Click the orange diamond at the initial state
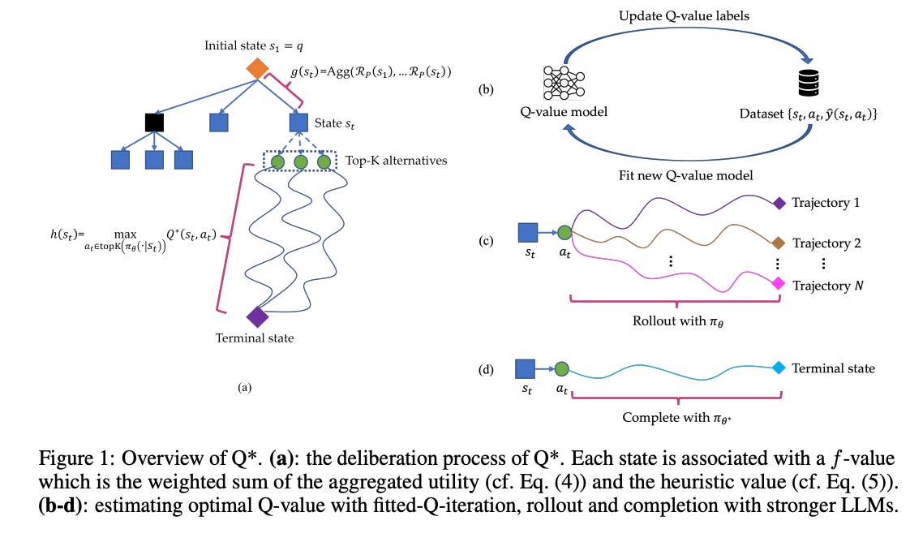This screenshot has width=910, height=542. coord(257,69)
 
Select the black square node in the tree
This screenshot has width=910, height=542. coord(154,123)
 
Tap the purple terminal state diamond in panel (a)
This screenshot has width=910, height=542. coord(257,317)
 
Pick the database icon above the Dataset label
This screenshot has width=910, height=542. coord(809,84)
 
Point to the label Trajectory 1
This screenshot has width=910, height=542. coord(826,203)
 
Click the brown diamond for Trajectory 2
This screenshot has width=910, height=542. coord(779,243)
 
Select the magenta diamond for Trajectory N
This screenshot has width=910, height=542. coord(779,283)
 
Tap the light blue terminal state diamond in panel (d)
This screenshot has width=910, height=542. coord(779,368)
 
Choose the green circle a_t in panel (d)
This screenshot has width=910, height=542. coord(562,368)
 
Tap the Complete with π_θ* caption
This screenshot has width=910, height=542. coord(676,418)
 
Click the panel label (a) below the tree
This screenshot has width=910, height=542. coord(244,388)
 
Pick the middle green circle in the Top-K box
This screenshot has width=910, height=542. coord(301,162)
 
